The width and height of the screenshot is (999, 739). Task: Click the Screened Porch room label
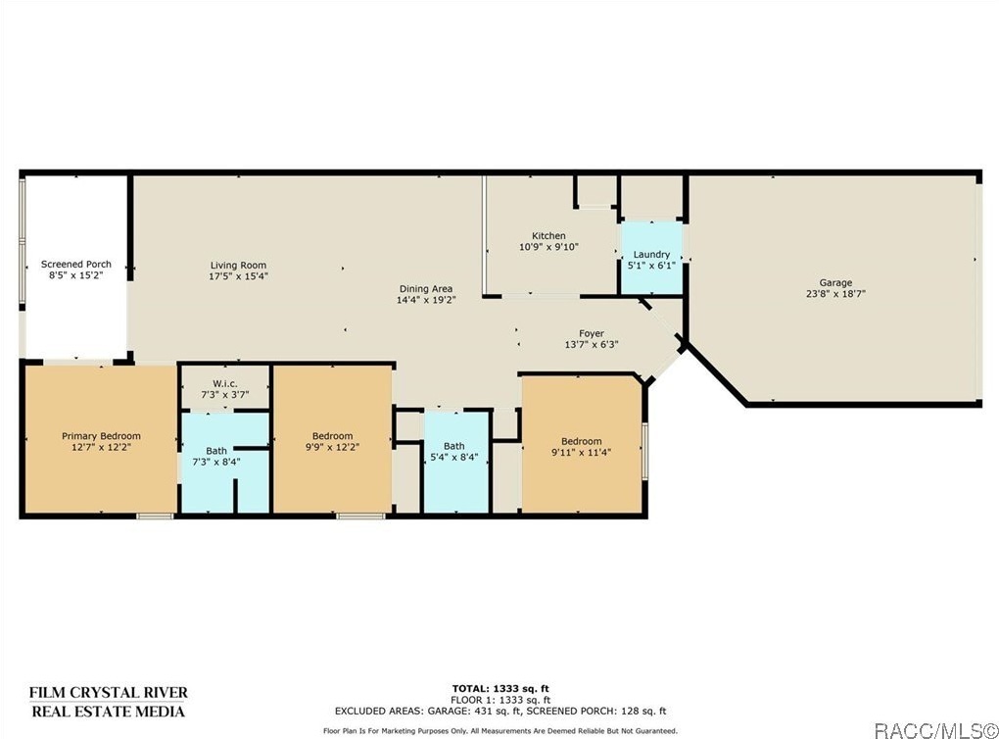(75, 264)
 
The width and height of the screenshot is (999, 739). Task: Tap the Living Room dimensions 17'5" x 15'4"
(238, 276)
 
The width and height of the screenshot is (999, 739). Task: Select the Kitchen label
(548, 236)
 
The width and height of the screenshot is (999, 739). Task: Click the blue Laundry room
(651, 258)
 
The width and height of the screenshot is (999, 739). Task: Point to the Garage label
(835, 282)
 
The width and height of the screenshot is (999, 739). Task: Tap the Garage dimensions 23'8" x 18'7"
(835, 294)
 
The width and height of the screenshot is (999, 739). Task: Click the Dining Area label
(426, 289)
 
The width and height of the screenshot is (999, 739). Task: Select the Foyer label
(592, 333)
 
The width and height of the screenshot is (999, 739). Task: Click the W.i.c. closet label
(225, 383)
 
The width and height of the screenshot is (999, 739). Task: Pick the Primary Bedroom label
(101, 436)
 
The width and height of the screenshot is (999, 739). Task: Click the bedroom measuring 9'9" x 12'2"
(332, 439)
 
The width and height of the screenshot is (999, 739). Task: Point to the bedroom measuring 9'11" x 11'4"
(582, 444)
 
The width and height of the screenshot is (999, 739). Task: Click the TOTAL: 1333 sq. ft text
(500, 689)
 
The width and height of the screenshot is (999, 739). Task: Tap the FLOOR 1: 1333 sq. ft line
(500, 700)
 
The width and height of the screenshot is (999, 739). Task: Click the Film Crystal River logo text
(109, 702)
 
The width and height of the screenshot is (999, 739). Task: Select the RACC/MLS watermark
(935, 729)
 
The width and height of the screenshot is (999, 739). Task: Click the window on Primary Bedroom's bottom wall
(156, 516)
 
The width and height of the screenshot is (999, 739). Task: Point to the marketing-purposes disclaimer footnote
(500, 731)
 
